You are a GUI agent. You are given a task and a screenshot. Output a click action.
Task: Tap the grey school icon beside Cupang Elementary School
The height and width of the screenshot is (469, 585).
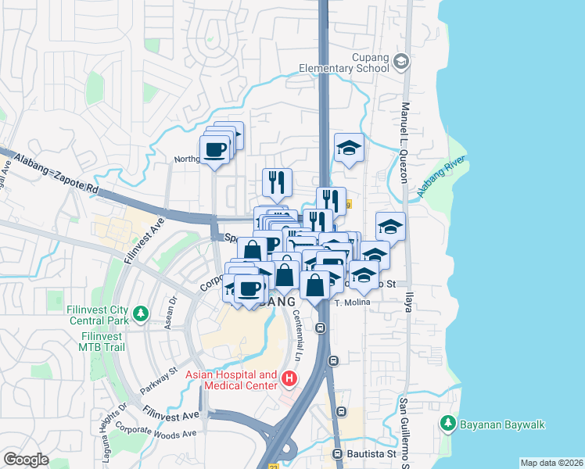click(401, 61)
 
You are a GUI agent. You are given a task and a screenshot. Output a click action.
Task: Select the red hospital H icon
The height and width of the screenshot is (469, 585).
click(289, 380)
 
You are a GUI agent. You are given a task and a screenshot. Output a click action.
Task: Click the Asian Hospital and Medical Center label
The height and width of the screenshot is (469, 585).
click(231, 380)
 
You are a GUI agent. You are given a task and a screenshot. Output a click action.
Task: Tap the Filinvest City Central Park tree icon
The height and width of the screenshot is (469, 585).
click(141, 314)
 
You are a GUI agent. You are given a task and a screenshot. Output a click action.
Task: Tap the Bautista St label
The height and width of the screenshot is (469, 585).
click(371, 453)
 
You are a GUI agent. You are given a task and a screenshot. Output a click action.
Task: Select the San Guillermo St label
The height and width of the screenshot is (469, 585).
click(404, 434)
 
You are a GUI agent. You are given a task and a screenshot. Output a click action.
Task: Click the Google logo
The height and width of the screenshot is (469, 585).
click(26, 459)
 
